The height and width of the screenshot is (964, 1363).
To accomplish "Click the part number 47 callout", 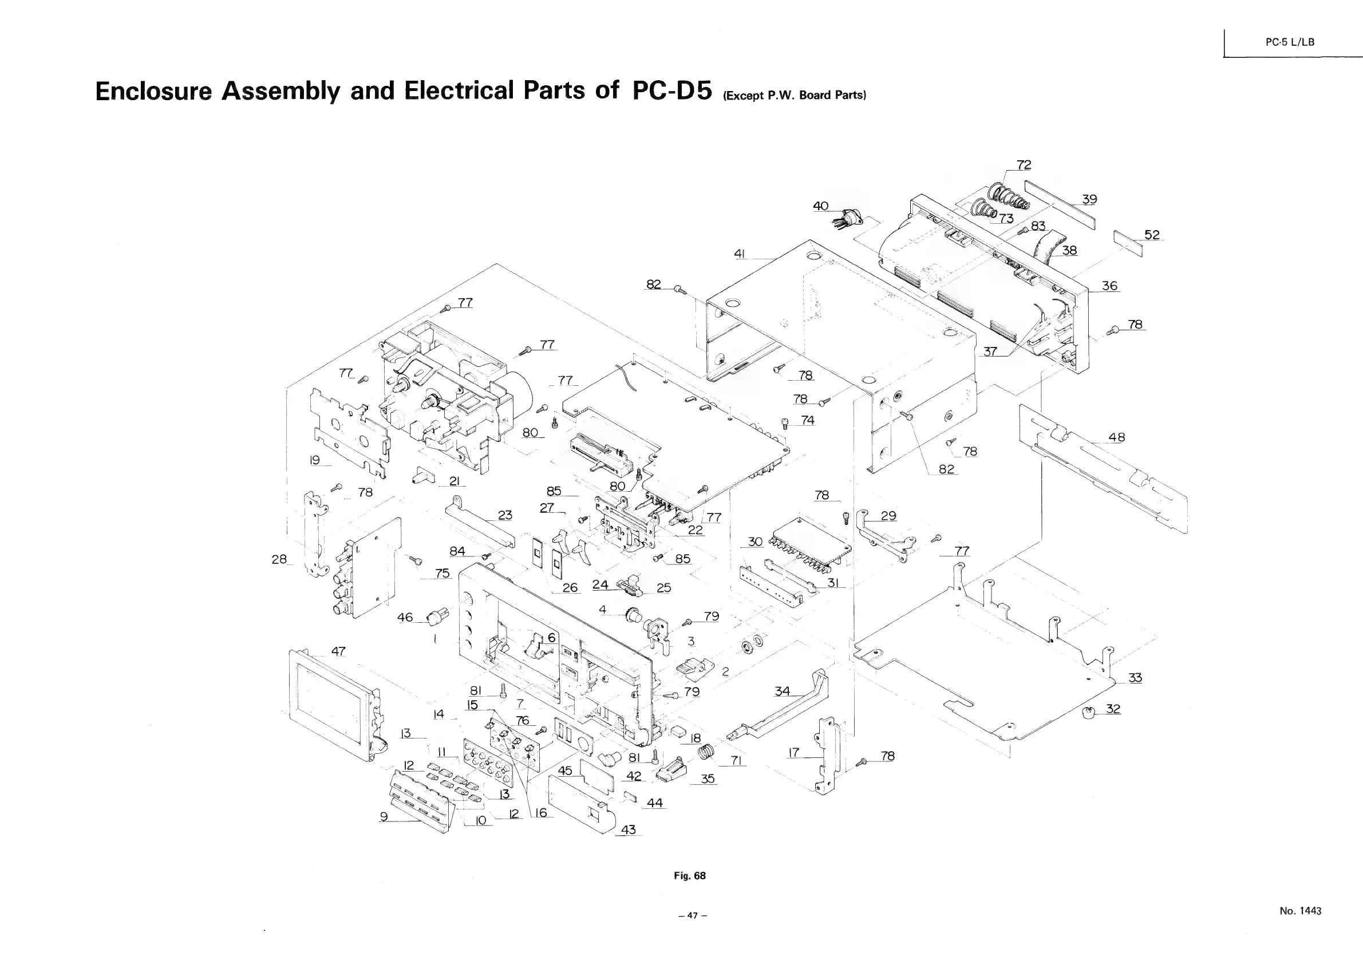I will (338, 651).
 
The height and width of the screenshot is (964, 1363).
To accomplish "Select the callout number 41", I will (740, 254).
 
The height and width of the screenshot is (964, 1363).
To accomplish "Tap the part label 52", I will (1152, 235).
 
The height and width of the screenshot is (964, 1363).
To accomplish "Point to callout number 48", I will (1116, 437).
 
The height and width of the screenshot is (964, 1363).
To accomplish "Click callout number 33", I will (1135, 678).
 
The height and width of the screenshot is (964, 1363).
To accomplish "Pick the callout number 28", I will (279, 559).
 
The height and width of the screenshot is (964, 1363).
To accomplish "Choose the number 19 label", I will (315, 460).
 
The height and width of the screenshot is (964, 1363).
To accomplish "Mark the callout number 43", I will (628, 830).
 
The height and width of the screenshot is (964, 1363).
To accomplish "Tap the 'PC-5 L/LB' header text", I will (1289, 42).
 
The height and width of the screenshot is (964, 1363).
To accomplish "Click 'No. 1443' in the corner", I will (1300, 911).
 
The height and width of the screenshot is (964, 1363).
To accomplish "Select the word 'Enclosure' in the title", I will (154, 91).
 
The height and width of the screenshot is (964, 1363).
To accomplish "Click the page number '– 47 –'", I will (692, 916).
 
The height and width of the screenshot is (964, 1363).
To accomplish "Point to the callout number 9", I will (384, 817).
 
